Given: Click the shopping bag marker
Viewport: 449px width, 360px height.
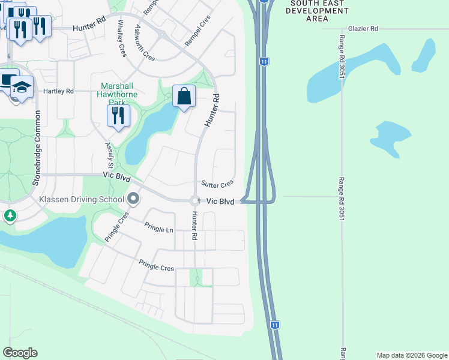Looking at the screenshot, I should click(x=184, y=96).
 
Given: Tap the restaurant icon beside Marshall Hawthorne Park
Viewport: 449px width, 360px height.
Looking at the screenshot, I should click(x=118, y=115).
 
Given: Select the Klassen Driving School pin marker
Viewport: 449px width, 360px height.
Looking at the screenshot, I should click(x=133, y=199).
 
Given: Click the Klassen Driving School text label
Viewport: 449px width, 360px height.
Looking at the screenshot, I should click(x=81, y=199).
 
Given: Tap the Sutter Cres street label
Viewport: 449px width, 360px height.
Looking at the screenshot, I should click(x=217, y=185).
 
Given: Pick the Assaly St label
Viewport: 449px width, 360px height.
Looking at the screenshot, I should click(x=110, y=155).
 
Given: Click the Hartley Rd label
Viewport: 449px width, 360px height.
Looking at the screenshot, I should click(x=58, y=91).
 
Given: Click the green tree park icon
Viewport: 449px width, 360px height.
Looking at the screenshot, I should click(x=10, y=215).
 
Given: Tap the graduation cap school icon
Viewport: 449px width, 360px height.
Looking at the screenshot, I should click(x=22, y=88).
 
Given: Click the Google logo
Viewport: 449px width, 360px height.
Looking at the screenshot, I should click(x=20, y=353).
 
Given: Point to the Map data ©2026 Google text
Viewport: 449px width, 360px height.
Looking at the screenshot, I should click(x=411, y=355).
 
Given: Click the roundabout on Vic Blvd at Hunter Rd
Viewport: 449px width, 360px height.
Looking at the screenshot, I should click(x=195, y=201).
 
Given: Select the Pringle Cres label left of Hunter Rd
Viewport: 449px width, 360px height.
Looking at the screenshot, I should click(x=156, y=265).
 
